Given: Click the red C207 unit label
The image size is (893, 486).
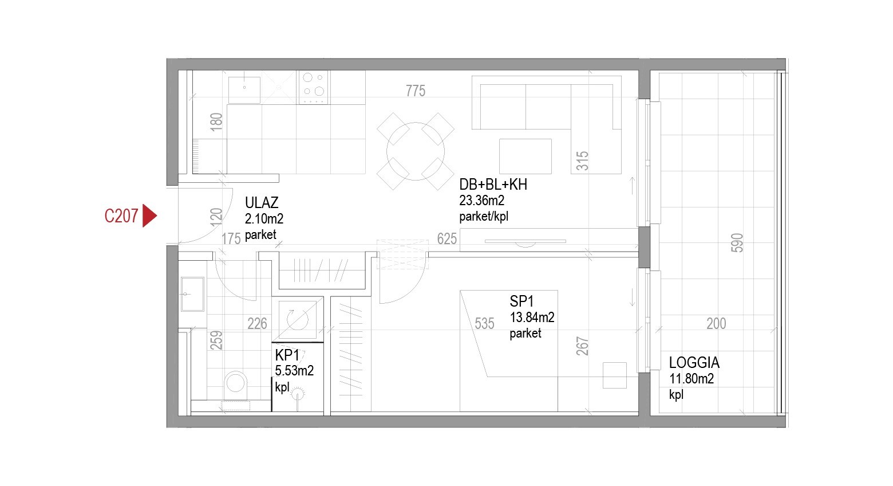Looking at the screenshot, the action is tap(121, 216).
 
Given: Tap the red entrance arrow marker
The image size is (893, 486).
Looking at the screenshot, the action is tap(149, 216).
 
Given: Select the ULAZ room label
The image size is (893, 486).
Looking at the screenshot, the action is tap(262, 203).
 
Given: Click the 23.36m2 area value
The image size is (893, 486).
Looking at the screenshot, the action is tap(481, 200).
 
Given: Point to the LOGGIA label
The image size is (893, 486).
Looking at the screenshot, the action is tap(694, 362).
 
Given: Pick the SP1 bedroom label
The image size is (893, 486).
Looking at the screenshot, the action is tap(521, 301).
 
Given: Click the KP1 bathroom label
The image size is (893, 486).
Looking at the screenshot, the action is tap(287, 355).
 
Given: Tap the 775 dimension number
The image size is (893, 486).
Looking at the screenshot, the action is tap(416, 91).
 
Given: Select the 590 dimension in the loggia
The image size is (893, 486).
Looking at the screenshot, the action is tap(737, 243).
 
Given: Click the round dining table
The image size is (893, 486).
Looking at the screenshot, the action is tap(416, 151).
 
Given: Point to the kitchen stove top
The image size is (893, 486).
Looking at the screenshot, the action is tap(313, 87).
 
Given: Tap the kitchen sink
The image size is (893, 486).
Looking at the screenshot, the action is tap(244, 90).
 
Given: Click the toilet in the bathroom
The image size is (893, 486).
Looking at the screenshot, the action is tap(236, 386).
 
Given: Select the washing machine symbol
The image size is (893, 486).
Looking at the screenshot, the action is tap(298, 319).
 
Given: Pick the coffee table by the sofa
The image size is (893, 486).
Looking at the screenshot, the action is tap(525, 156).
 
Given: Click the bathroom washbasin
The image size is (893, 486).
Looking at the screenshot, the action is tap(192, 294).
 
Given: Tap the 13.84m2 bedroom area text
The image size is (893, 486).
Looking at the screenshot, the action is tap(532, 317).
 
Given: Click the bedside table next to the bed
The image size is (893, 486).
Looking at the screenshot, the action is tap(614, 375).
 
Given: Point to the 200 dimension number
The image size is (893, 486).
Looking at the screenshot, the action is tap(716, 323).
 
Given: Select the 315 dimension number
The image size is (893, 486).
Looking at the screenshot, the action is tap(582, 161).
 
